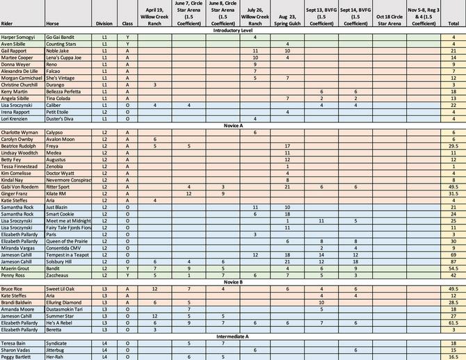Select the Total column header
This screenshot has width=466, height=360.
[453, 24]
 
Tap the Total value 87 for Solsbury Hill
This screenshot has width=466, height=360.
[453, 261]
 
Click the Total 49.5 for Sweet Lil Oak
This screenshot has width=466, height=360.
[453, 288]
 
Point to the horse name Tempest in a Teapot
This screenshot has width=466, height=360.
[68, 254]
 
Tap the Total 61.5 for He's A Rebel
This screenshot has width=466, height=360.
[453, 322]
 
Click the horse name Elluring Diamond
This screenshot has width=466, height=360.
[65, 302]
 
